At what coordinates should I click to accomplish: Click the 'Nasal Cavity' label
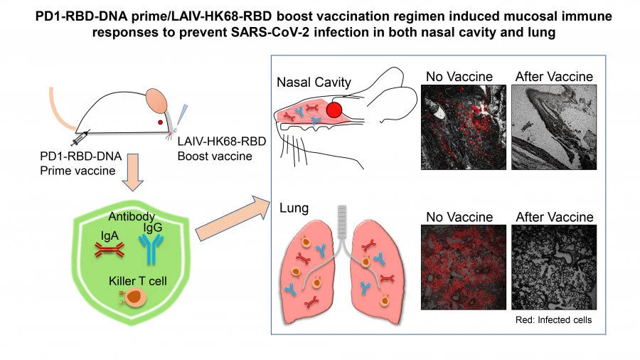[x=314, y=83]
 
